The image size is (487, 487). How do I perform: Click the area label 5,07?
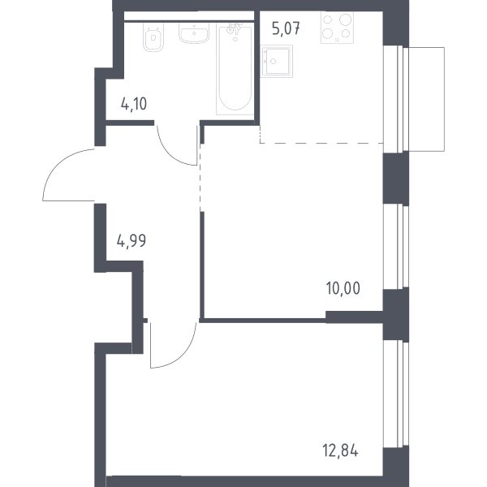click(286, 29)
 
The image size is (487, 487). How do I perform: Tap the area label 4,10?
click(134, 104)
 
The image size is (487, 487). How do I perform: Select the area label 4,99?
click(131, 241)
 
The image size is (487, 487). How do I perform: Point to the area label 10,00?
click(343, 288)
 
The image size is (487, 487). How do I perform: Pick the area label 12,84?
click(340, 450)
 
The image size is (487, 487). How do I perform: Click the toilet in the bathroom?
click(153, 37)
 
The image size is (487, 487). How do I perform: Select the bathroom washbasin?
click(194, 33)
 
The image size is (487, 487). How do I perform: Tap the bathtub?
click(235, 70)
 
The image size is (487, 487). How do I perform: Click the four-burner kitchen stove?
click(337, 28)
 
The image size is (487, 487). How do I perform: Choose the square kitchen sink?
click(277, 62)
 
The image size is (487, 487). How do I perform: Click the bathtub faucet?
click(234, 28)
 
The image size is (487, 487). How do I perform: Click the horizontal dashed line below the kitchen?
click(321, 143)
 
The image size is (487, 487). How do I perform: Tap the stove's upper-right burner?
click(345, 19)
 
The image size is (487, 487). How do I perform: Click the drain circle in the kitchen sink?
click(273, 62)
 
